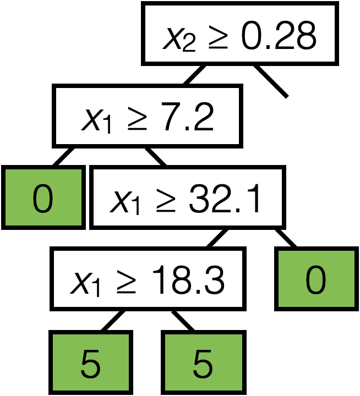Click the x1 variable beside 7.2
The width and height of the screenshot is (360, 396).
96,120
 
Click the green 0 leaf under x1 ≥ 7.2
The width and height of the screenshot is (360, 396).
43,198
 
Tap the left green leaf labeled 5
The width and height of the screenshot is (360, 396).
91,362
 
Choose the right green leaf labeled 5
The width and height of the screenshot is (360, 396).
203,362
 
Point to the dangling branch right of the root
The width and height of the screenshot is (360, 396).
271,81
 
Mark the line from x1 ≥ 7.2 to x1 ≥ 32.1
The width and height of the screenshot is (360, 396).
156,156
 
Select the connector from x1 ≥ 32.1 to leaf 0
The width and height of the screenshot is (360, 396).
285,238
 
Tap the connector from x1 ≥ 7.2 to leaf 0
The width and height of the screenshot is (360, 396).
64,156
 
